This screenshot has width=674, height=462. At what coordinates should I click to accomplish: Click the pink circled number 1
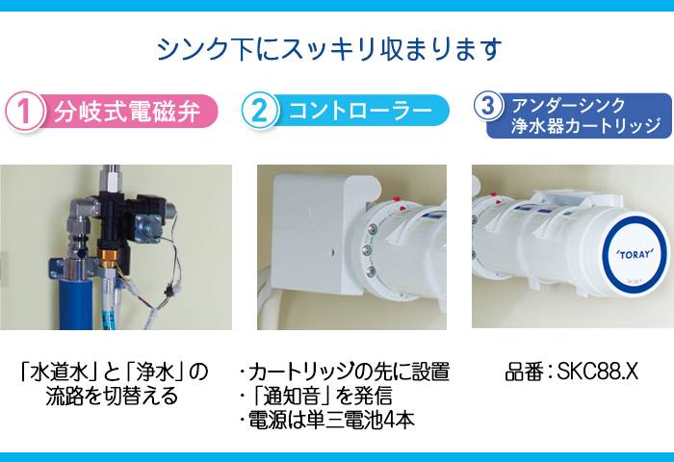click(x=24, y=111)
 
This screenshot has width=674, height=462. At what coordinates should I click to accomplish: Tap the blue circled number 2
click(x=260, y=111)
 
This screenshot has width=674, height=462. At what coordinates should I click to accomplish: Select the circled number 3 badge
click(x=489, y=106)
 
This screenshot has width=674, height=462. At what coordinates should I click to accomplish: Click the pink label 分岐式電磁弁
click(x=127, y=112)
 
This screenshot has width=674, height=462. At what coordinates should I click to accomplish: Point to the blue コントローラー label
click(x=360, y=111)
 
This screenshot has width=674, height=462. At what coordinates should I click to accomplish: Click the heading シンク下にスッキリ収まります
click(x=329, y=49)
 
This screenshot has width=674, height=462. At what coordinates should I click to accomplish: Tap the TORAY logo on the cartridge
click(x=635, y=254)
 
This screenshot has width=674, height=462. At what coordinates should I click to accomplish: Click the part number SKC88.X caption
click(x=571, y=372)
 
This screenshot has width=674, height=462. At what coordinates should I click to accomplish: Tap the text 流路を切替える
click(x=112, y=396)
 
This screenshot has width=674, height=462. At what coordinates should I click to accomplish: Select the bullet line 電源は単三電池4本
click(x=326, y=420)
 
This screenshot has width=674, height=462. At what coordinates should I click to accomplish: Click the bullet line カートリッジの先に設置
click(x=345, y=372)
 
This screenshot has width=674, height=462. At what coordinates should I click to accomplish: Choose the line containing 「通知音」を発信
click(x=316, y=396)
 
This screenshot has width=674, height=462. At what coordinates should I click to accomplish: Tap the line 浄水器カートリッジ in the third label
click(x=585, y=126)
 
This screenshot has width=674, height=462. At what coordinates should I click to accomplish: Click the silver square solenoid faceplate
click(x=148, y=224)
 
